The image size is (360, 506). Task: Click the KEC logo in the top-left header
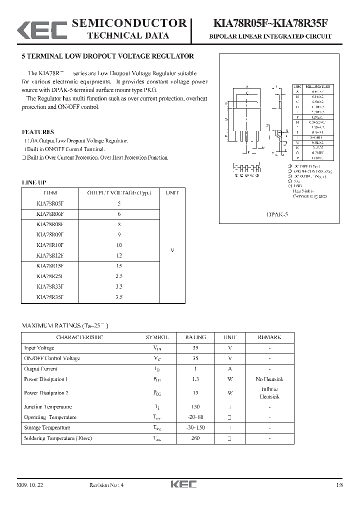tap(42, 29)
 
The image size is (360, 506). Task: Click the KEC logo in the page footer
tap(184, 484)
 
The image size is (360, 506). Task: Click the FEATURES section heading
tap(38, 132)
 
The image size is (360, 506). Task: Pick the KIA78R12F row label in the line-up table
tap(50, 255)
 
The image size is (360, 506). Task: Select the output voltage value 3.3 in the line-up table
tap(119, 286)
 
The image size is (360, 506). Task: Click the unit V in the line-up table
tap(172, 250)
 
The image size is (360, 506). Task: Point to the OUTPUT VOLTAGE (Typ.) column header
tap(119, 192)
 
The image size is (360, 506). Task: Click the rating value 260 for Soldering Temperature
tap(195, 438)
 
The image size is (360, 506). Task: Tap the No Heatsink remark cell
tap(269, 379)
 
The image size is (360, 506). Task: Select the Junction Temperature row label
tap(48, 406)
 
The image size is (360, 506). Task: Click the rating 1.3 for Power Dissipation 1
tap(195, 379)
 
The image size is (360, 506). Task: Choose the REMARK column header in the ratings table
tap(269, 337)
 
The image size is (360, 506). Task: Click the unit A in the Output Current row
tap(230, 368)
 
